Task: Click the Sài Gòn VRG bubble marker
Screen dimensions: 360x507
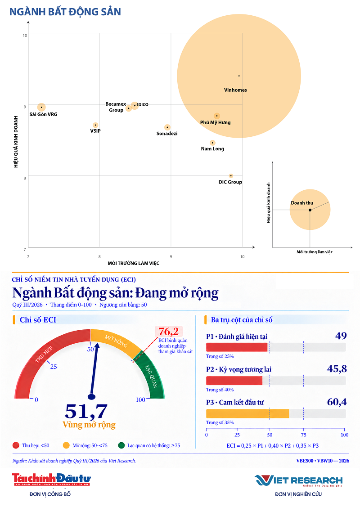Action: (41, 107)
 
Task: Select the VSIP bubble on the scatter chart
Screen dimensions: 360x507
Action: (95, 125)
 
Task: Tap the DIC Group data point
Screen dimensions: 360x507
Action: (231, 176)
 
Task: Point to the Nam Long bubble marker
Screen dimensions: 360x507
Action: (212, 143)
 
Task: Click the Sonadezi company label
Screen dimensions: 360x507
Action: (167, 134)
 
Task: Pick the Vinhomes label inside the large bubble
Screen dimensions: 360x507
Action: (235, 90)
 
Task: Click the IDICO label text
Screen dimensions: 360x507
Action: (143, 104)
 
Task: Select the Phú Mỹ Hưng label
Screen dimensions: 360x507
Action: (216, 122)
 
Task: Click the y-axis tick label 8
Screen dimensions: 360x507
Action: (25, 178)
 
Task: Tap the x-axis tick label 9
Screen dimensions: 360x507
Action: (171, 257)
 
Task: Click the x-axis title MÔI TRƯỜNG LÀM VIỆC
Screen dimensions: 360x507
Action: (134, 263)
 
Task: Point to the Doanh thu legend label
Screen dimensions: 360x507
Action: (302, 203)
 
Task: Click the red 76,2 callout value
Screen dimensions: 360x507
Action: (168, 332)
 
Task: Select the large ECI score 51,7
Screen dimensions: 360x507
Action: (86, 411)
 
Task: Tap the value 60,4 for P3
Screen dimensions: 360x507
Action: (337, 402)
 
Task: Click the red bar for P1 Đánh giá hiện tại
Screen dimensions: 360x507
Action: (237, 347)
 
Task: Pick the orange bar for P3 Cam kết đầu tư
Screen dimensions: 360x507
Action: (248, 413)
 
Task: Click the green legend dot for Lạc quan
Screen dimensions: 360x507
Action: (121, 445)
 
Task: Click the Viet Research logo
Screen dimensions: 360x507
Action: (298, 481)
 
